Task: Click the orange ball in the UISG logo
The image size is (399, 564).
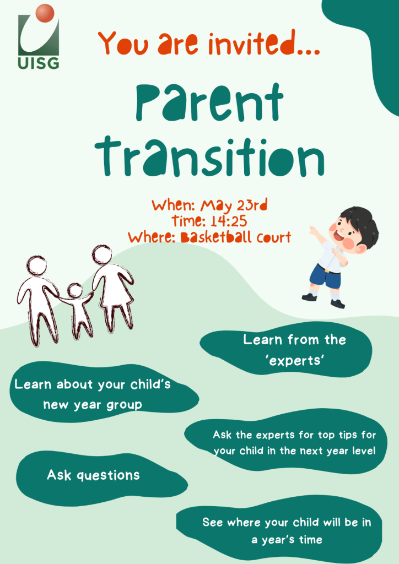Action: click(45, 13)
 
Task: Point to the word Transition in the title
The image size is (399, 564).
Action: click(210, 157)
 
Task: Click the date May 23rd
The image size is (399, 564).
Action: click(234, 206)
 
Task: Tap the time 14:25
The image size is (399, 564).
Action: click(229, 221)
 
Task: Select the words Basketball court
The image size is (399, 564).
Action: click(236, 237)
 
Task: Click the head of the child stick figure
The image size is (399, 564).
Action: click(75, 291)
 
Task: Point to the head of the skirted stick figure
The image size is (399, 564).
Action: click(101, 254)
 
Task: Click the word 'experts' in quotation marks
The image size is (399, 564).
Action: click(295, 360)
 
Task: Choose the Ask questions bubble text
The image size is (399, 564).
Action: click(93, 475)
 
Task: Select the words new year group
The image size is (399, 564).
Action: click(93, 405)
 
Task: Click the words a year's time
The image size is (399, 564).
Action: click(287, 540)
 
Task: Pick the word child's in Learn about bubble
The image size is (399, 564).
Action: click(150, 384)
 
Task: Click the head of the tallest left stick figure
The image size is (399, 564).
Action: click(37, 266)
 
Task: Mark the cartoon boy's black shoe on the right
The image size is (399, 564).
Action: click(337, 303)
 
